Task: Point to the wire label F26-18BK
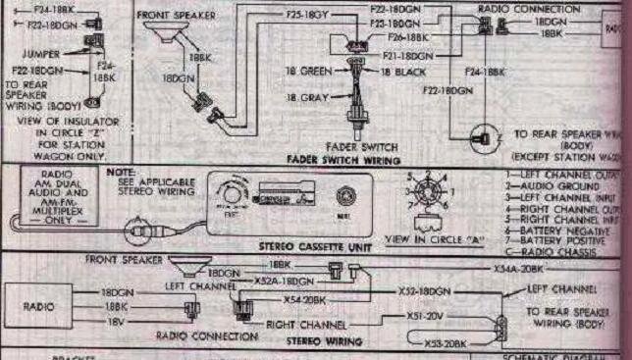click(407, 37)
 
